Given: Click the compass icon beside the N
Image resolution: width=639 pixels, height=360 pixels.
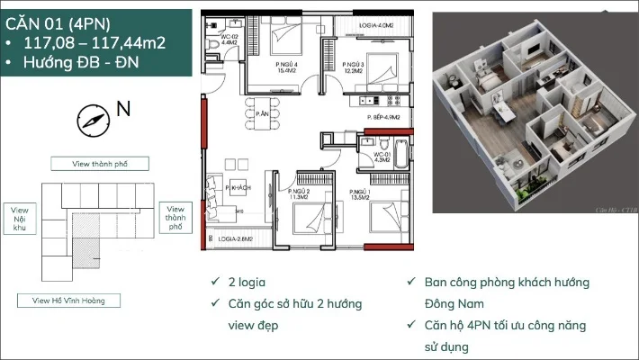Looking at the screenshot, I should [x=93, y=118].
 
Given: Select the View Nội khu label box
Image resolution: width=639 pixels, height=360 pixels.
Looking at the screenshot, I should [x=21, y=219].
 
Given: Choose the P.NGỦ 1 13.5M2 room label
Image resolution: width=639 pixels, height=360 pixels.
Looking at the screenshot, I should [x=360, y=195].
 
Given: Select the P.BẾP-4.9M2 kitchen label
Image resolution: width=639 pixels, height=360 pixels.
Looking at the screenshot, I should [x=384, y=117].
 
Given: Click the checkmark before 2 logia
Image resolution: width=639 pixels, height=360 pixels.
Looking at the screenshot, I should [x=212, y=282].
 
